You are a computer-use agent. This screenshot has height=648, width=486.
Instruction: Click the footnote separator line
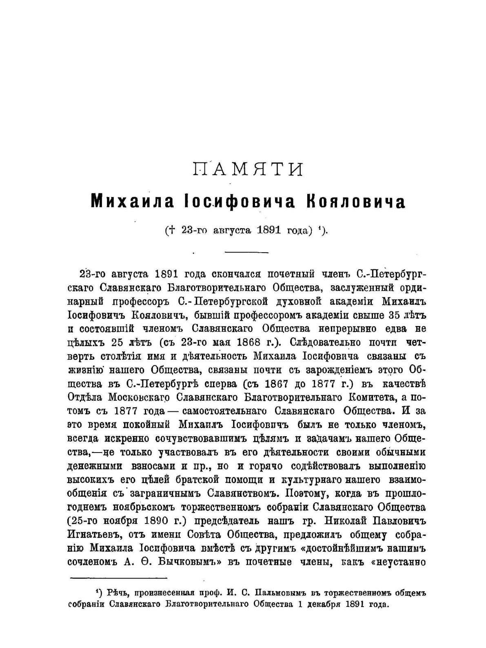[x=119, y=577]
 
